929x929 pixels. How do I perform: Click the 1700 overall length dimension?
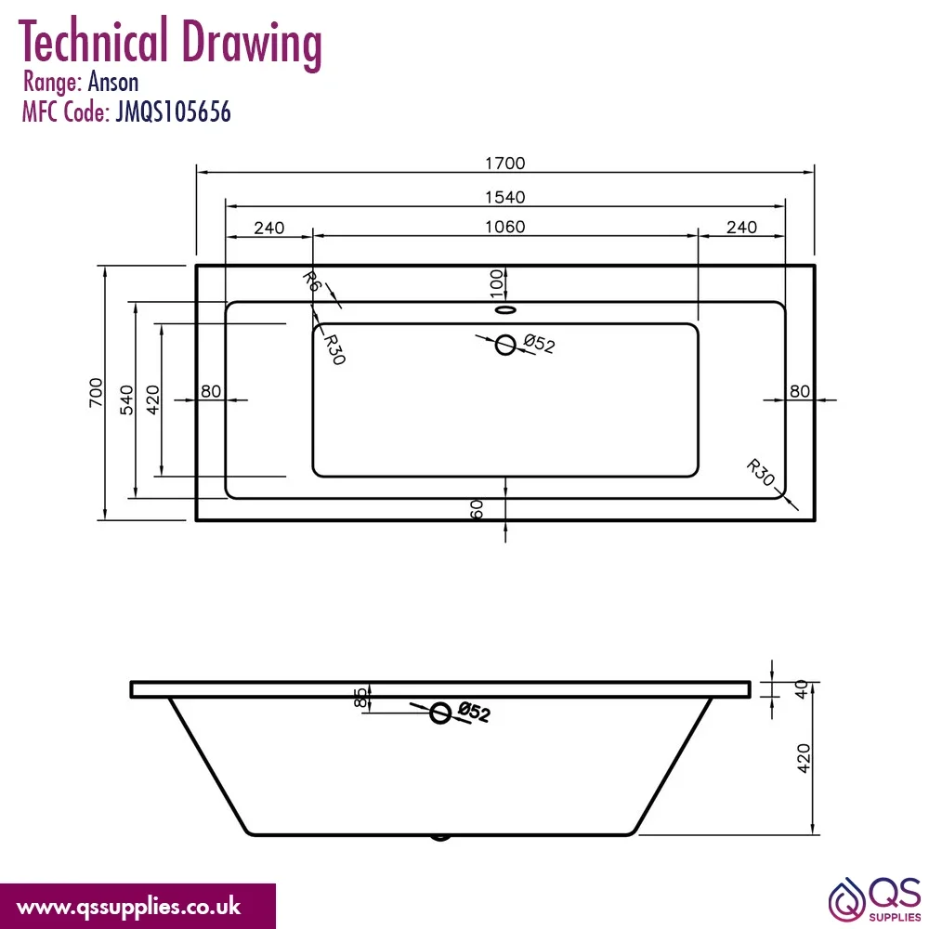[x=504, y=163]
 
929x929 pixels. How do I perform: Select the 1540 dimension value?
[x=504, y=197]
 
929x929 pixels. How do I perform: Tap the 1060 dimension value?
[x=504, y=227]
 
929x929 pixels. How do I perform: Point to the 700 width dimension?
[x=96, y=392]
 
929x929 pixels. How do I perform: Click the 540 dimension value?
[x=126, y=399]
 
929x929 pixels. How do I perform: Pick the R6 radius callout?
[x=311, y=281]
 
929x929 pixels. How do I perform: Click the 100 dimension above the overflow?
[x=496, y=283]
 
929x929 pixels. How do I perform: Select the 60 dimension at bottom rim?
[x=477, y=509]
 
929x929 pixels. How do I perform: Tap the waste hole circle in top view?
[x=505, y=345]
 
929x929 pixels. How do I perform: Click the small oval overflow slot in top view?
[x=505, y=309]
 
